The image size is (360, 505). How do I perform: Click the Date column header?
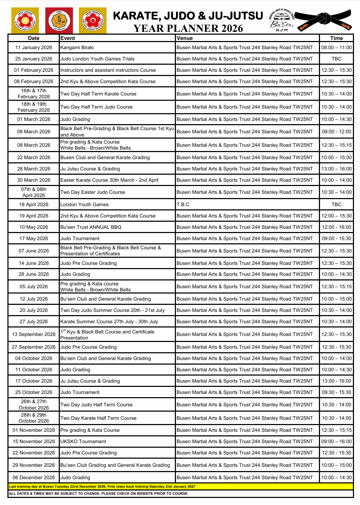click(34, 38)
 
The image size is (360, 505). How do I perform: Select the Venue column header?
click(185, 38)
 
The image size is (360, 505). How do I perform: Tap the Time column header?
click(336, 38)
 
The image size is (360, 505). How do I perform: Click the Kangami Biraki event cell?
click(77, 47)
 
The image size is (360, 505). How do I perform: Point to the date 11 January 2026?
click(34, 47)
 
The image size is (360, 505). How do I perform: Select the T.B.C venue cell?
click(183, 204)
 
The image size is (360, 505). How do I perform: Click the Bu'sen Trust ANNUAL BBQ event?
click(91, 227)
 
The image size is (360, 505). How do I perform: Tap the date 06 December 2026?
click(34, 477)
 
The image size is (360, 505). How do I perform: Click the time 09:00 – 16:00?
click(336, 441)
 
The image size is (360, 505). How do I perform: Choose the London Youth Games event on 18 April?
click(85, 204)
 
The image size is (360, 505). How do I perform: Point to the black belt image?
click(323, 20)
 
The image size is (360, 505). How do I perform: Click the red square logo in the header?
click(59, 21)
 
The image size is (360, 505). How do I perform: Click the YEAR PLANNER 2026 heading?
click(188, 28)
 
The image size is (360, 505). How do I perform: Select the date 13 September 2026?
click(34, 334)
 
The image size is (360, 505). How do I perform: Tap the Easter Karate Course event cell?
click(109, 180)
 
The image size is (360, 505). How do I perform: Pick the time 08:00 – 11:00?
click(336, 47)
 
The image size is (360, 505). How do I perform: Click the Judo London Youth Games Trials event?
click(97, 59)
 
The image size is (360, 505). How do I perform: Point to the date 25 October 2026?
click(34, 392)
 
